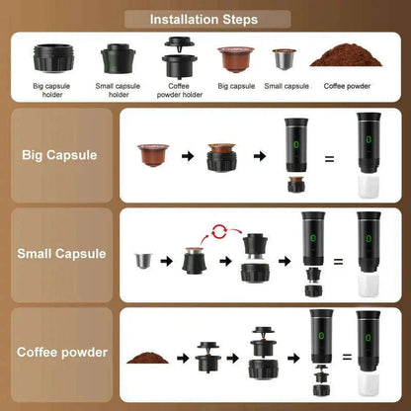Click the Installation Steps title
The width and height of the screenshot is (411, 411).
(x=205, y=19)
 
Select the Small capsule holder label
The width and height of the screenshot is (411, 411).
(x=119, y=90)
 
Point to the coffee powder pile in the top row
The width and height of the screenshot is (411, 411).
(x=343, y=56)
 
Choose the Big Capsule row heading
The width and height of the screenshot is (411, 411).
(x=58, y=154)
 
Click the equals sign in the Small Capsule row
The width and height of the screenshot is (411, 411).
(x=337, y=261)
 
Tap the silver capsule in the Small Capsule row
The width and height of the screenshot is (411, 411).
(x=144, y=262)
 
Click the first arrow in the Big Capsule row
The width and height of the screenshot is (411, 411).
(x=184, y=155)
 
